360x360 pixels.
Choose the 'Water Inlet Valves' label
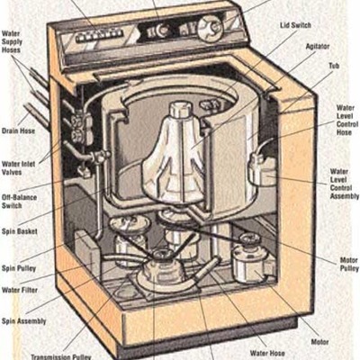22,167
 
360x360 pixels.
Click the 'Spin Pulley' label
20,268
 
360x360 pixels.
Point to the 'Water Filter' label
20,290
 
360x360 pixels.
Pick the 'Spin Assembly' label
22,320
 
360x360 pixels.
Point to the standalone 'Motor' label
319,342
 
